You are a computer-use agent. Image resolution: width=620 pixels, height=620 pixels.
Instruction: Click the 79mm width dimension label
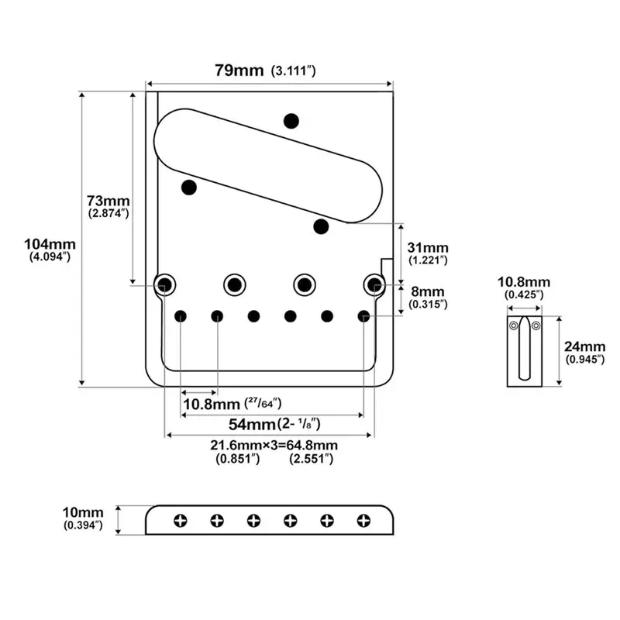(239, 71)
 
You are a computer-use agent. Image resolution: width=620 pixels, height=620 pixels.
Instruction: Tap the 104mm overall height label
(50, 244)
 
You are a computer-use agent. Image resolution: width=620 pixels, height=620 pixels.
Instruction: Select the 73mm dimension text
(108, 201)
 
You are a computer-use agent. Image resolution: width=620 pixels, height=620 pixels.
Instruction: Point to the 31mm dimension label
(428, 247)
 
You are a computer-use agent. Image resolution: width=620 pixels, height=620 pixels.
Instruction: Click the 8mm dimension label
(428, 291)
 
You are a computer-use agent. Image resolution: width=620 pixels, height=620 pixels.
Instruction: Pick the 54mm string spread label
(253, 424)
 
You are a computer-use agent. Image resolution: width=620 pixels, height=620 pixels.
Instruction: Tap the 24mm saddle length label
(584, 346)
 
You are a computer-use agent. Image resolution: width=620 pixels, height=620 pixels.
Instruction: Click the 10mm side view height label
(83, 512)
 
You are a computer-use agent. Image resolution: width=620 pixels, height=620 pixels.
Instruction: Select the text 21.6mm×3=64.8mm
(274, 445)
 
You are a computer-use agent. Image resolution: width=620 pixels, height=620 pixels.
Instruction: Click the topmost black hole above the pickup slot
(291, 121)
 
